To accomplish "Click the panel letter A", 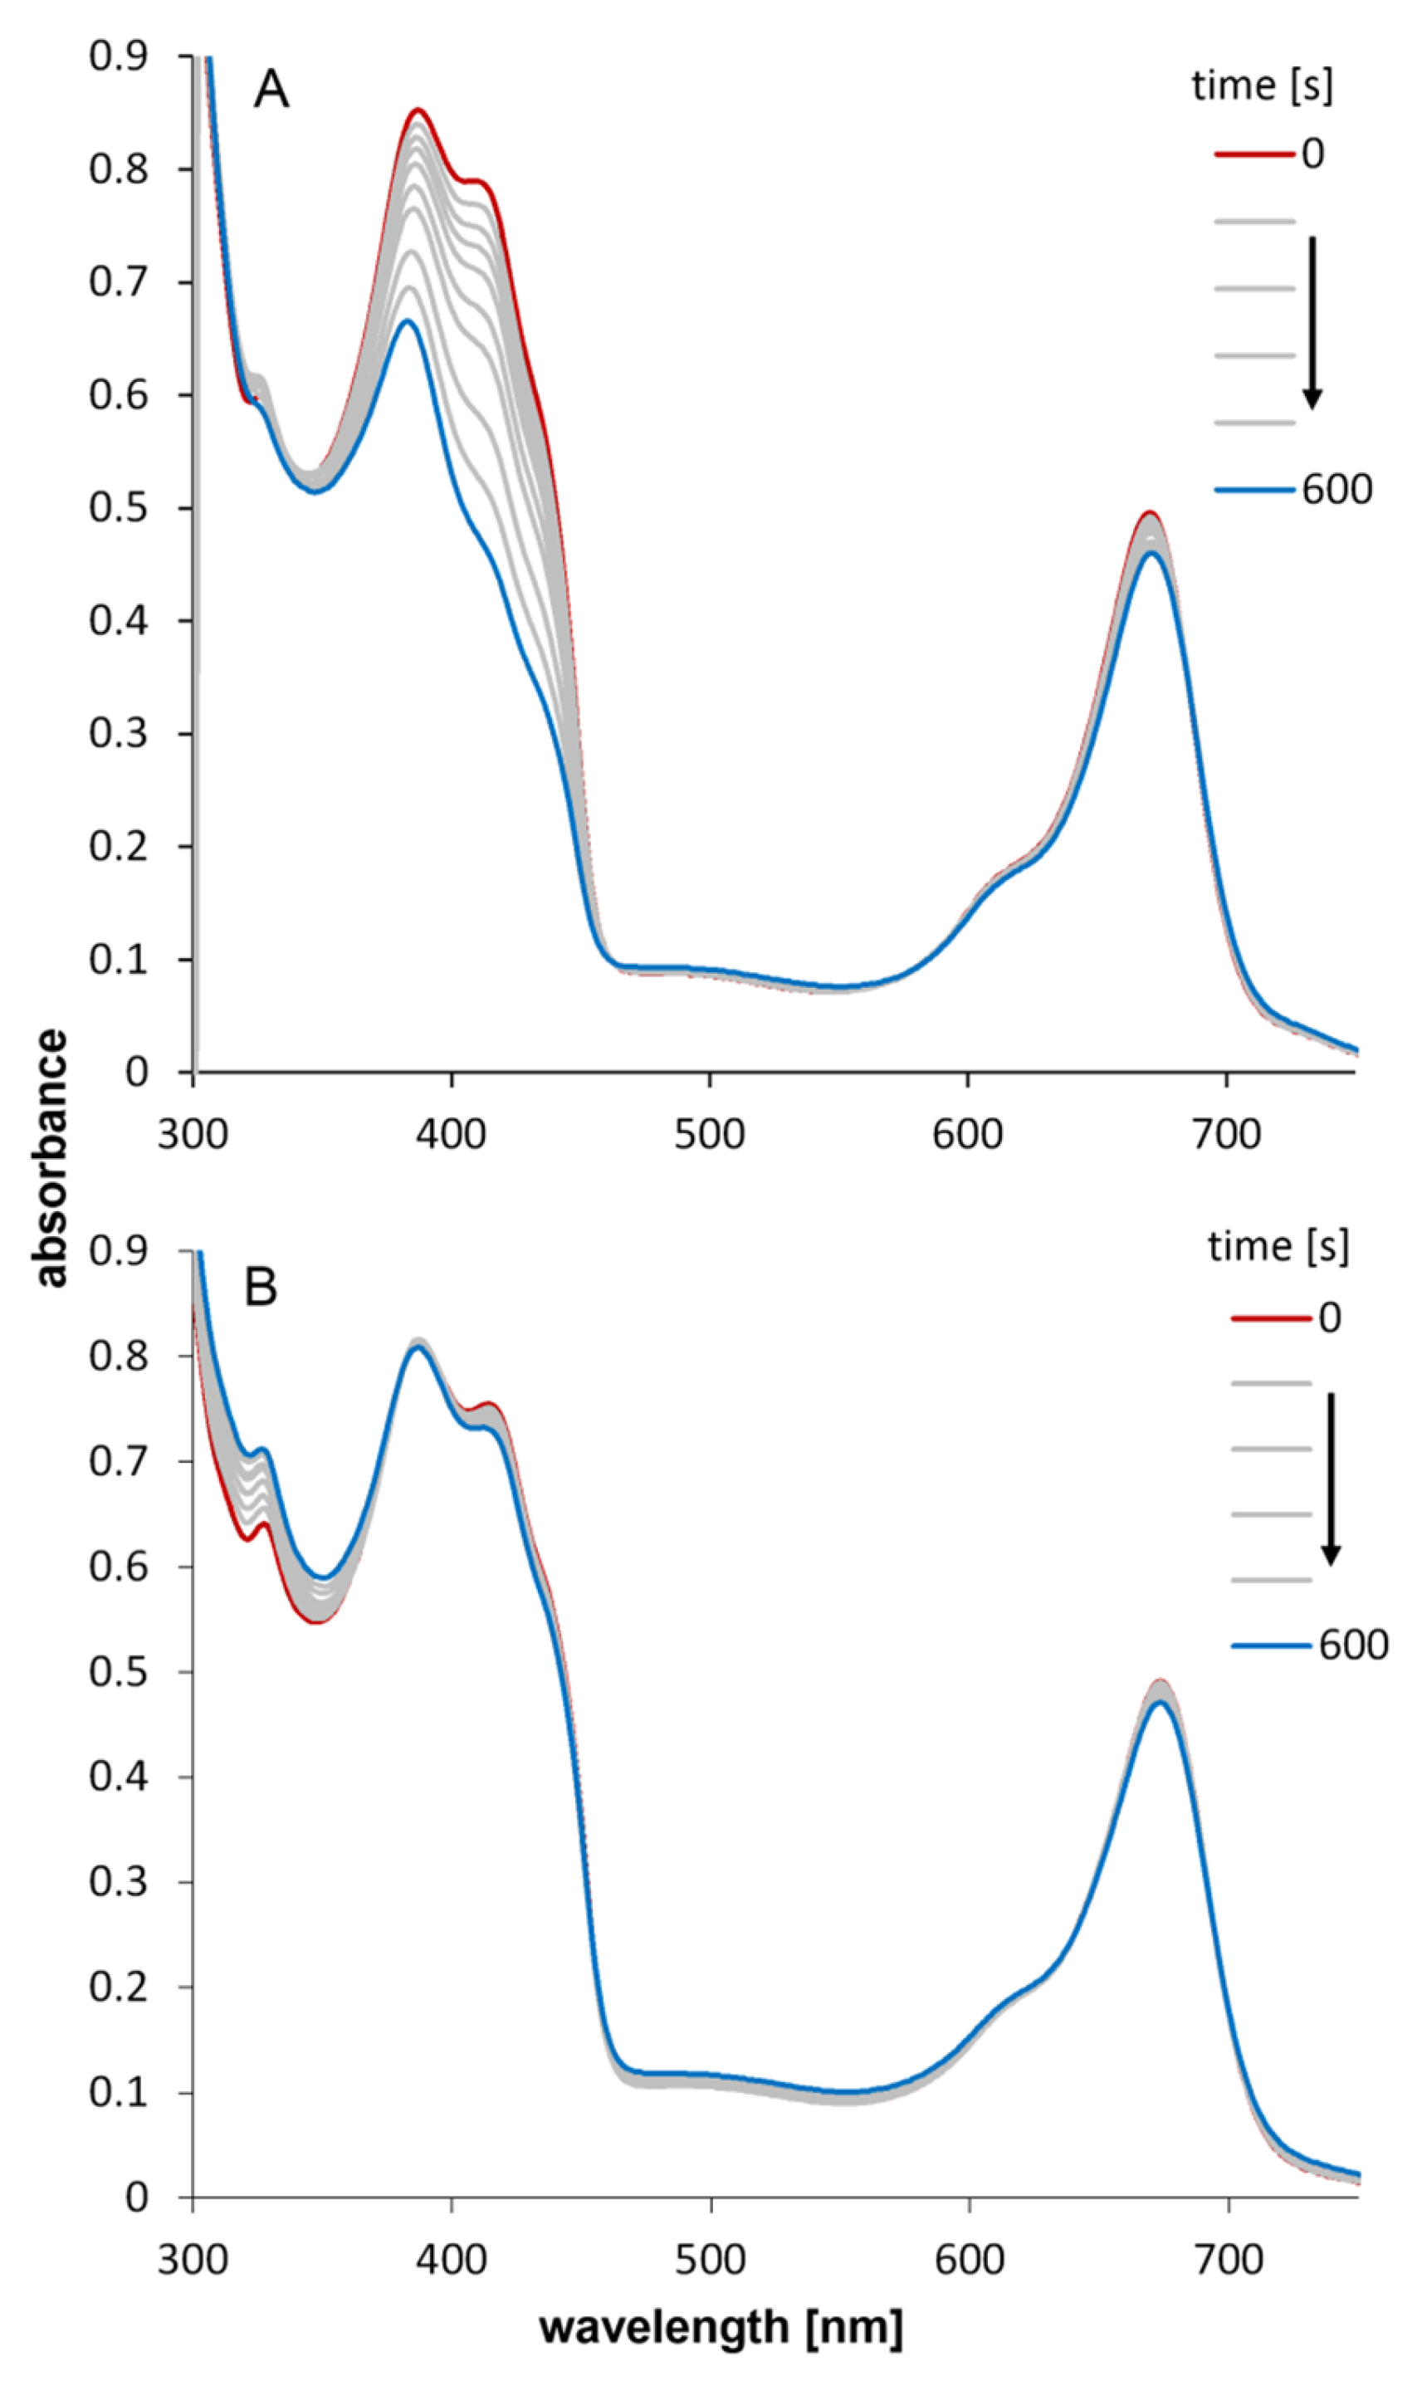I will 271,91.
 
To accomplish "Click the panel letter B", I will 261,1287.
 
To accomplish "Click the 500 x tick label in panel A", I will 709,1135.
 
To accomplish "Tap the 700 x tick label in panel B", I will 1229,2260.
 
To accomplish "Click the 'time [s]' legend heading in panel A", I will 1261,86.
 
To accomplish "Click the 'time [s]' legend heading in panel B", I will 1278,1247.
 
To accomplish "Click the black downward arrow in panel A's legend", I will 1312,321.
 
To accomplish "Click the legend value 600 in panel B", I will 1353,1645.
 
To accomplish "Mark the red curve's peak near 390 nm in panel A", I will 418,110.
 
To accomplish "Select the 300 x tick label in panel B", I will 193,2260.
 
